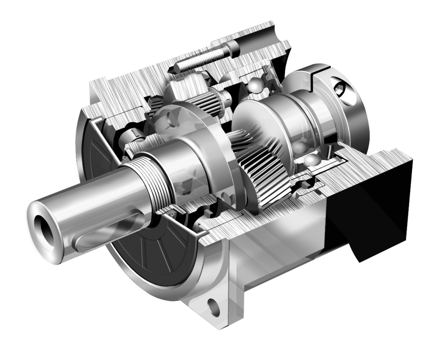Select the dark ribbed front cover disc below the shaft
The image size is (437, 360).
(144, 258)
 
